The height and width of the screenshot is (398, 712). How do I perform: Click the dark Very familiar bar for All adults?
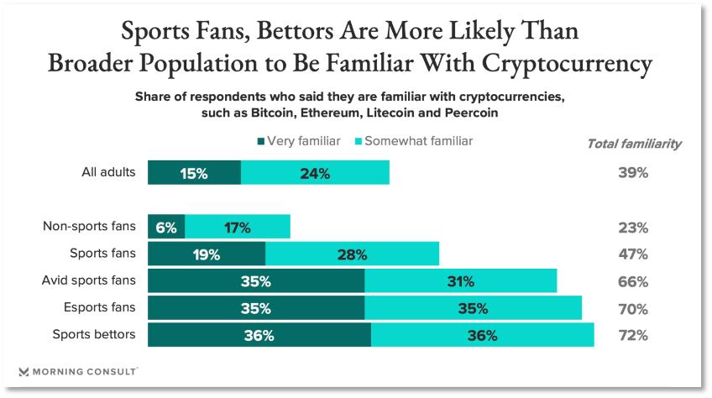click(194, 173)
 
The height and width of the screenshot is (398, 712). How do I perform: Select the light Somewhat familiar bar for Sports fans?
click(352, 254)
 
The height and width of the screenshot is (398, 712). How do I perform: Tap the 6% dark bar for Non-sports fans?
click(166, 227)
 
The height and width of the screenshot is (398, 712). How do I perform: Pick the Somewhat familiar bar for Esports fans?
click(474, 308)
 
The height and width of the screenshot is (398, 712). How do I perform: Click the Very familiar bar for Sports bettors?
click(259, 335)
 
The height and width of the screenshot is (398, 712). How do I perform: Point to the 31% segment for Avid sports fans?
click(461, 281)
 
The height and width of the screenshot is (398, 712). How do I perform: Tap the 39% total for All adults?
click(632, 173)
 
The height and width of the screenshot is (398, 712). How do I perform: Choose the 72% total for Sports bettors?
click(632, 335)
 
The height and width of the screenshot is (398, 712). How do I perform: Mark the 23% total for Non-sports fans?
click(632, 227)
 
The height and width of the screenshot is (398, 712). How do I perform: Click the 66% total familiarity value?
click(632, 281)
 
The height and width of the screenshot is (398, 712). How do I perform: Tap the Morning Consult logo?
click(77, 370)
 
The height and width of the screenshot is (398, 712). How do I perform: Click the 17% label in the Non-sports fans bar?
click(237, 227)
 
